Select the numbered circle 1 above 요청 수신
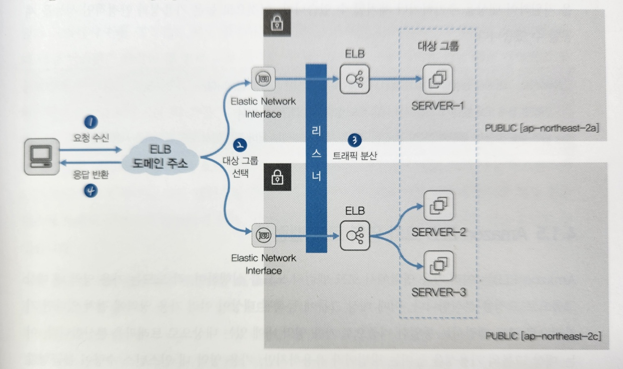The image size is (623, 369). point(91,122)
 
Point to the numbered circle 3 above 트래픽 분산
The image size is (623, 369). point(354,139)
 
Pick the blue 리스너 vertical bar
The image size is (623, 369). point(316,158)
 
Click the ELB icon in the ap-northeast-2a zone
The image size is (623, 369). point(355,79)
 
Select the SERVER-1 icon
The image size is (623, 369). point(437,79)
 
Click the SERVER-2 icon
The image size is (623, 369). point(438,205)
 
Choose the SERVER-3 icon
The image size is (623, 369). point(438,265)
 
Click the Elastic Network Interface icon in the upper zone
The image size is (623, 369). point(263,80)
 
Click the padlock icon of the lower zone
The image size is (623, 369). point(277,177)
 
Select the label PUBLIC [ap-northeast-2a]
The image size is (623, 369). point(541,128)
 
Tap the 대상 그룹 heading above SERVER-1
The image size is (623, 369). point(437,46)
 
